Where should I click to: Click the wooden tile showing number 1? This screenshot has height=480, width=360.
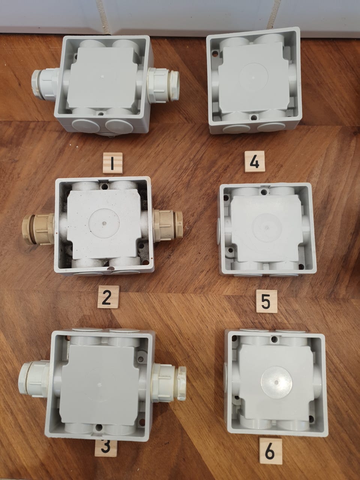[112, 163]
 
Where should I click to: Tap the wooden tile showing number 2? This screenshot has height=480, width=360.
[108, 297]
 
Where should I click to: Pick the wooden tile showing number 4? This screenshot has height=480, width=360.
[255, 162]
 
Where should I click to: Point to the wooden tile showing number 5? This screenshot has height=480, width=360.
[267, 301]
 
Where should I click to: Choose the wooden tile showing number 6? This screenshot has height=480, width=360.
[271, 451]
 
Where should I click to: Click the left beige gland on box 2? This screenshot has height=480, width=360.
[38, 229]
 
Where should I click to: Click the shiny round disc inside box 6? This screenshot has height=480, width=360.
[276, 382]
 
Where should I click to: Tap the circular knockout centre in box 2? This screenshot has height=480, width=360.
[104, 223]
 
